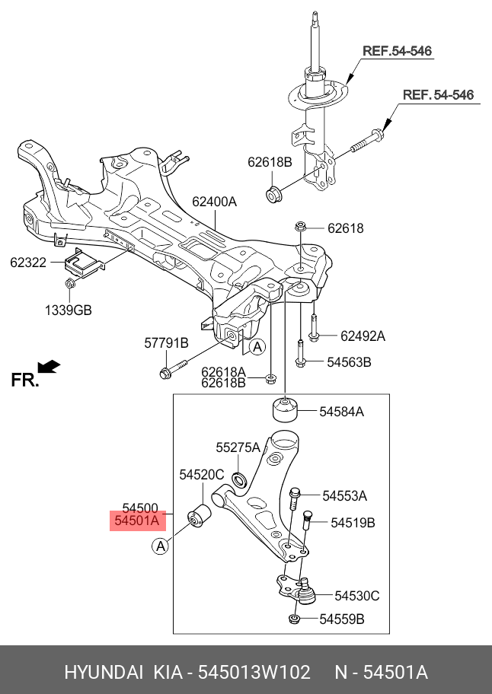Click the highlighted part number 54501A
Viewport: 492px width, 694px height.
137,522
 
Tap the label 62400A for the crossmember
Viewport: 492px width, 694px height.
214,202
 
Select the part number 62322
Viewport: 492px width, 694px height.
28,263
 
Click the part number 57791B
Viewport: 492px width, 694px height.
166,343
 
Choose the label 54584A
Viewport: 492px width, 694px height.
341,412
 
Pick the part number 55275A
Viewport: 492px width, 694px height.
238,447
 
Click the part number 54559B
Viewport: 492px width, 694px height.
341,619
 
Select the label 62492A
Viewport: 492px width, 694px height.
363,336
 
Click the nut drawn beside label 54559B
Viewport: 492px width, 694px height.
293,619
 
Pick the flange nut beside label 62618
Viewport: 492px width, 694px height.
299,227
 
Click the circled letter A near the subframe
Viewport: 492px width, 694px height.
258,347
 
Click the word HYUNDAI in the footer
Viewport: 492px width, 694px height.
104,673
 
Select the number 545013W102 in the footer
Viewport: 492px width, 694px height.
254,673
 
